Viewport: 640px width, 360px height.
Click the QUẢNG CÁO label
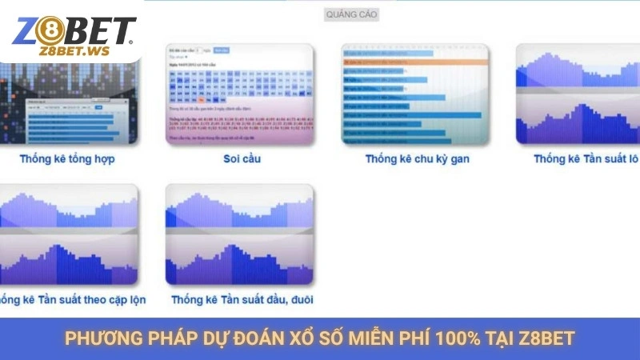coord(351,14)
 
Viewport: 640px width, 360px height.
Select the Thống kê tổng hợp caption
coord(67,158)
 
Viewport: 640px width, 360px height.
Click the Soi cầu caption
coord(242,158)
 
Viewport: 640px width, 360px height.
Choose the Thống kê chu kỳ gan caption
coord(417,158)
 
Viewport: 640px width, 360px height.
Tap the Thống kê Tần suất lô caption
coord(586,158)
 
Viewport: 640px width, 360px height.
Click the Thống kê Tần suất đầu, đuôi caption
coord(242,299)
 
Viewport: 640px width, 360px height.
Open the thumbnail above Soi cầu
coord(239,94)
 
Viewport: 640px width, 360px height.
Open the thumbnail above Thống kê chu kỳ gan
coord(415,94)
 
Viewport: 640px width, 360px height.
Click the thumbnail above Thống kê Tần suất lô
coord(578,94)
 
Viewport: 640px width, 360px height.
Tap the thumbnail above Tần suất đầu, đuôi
coord(239,235)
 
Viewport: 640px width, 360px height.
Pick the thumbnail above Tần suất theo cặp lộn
coord(69,235)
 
